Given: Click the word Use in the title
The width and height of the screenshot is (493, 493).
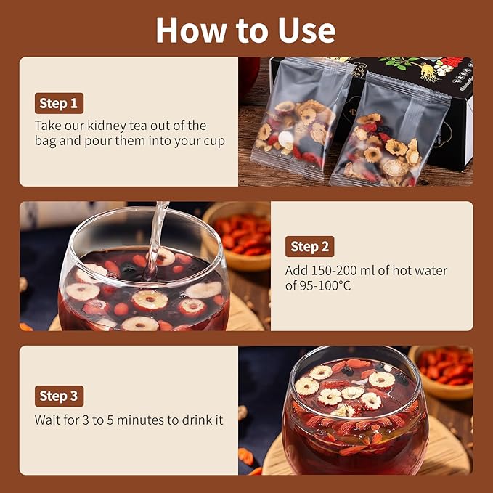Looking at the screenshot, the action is click(x=306, y=30).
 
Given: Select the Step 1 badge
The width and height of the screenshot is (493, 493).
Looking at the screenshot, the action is click(x=59, y=103).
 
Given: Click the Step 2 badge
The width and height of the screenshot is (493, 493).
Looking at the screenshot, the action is click(x=310, y=247).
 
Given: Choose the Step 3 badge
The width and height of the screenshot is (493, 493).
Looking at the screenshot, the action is click(x=59, y=396).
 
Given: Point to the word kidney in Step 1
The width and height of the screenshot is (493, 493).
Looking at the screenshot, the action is click(x=107, y=126).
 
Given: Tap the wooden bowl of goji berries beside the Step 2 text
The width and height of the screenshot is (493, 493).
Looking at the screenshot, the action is click(x=237, y=236).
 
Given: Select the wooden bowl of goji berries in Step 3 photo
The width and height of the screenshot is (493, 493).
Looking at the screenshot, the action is click(x=441, y=372).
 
